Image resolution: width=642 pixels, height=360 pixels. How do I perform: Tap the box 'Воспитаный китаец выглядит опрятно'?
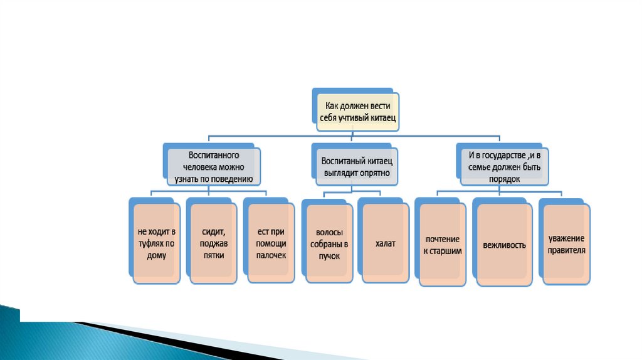(355, 166)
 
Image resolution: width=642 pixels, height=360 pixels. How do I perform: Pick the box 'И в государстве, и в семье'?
(504, 166)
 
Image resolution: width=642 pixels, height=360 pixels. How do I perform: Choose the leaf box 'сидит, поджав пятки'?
(213, 244)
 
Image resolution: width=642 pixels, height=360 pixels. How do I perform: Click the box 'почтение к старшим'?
(442, 245)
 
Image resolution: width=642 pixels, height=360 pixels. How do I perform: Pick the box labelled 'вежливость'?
(504, 245)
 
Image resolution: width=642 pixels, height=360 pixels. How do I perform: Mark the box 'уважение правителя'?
(566, 244)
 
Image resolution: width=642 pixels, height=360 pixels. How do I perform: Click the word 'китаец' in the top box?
(381, 118)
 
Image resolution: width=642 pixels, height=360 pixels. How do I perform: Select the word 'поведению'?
(233, 179)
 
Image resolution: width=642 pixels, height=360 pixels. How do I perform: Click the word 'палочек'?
(271, 255)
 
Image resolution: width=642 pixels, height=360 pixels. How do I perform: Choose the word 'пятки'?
(213, 255)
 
